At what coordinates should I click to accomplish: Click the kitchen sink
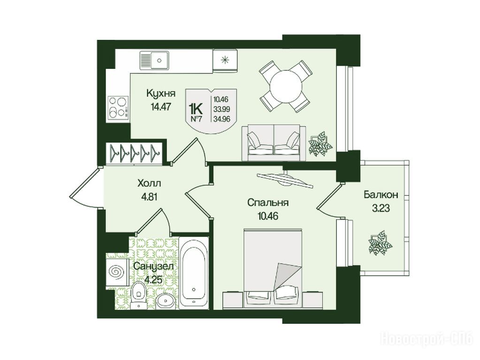coord(154,60)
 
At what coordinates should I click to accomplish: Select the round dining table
coord(286,86)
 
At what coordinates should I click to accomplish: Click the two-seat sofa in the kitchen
coord(274,142)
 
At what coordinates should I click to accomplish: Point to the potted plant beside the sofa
coord(320,144)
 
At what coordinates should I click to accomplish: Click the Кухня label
coord(160,93)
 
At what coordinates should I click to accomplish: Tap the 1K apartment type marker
coord(196,108)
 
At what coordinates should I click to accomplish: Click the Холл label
coord(149,183)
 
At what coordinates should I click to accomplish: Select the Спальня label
coord(268,203)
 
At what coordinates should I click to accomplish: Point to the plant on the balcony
coord(380,242)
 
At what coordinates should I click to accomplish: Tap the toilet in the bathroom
coord(139,294)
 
